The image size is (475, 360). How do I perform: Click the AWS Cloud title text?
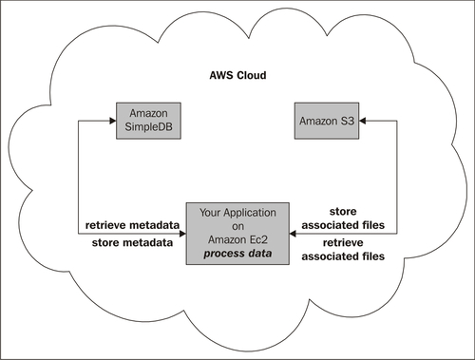pos(237,75)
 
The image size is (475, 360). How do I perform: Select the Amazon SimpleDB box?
pos(148,121)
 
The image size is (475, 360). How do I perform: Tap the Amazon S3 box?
pos(327,121)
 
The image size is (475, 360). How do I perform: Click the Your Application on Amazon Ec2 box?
pos(237,234)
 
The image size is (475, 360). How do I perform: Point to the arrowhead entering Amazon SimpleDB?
pos(113,121)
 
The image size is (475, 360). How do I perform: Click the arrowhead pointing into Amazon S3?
pos(363,121)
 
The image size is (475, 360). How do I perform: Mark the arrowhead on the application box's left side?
pos(182,234)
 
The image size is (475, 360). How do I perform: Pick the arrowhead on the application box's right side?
pos(293,234)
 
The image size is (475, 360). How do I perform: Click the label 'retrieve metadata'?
pos(132,225)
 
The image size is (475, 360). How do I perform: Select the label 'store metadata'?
pos(132,243)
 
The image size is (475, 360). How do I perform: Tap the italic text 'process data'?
pos(237,254)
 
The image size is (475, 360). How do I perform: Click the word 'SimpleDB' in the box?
pos(148,127)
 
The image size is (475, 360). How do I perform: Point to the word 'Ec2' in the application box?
pos(258,239)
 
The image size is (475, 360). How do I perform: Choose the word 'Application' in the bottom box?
pos(250,213)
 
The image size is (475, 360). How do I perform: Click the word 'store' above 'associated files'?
pos(343,211)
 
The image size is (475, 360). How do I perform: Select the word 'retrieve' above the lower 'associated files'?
pos(343,243)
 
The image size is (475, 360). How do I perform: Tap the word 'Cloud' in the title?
pos(252,75)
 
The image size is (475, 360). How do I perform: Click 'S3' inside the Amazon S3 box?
pos(347,121)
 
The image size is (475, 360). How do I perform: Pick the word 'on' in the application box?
pos(237,227)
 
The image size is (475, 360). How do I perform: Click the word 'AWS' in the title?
pos(221,75)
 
